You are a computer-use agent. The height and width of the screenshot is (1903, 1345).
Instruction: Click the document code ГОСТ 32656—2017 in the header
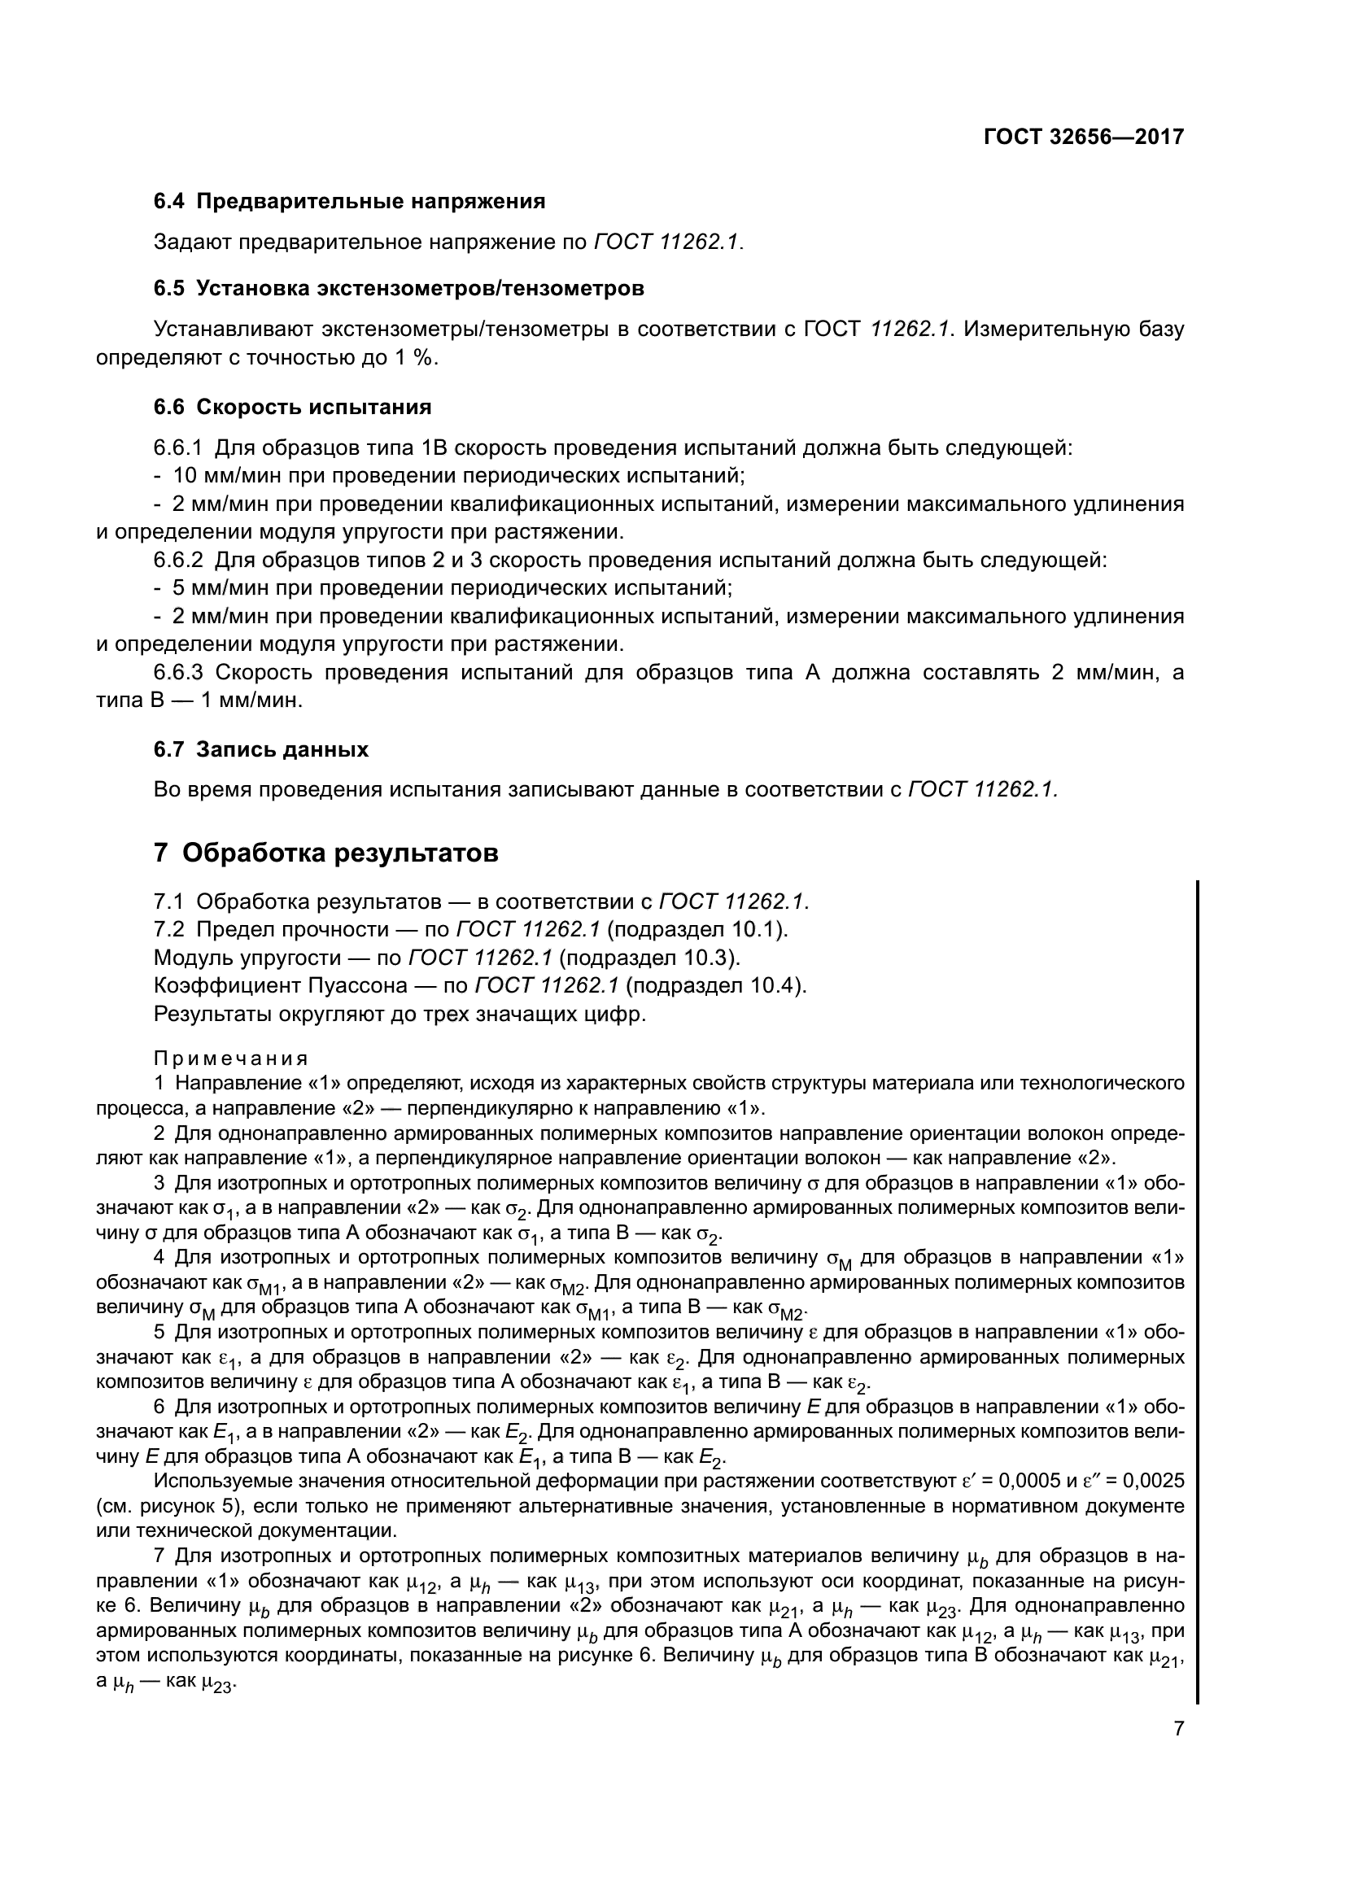click(1083, 136)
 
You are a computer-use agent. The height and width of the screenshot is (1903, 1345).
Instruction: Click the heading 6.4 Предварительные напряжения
click(349, 202)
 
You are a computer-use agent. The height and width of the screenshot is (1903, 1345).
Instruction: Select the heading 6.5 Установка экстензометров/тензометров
click(399, 289)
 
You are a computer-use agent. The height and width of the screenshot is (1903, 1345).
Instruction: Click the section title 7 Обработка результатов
click(325, 852)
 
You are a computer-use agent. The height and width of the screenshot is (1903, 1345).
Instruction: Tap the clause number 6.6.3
click(178, 672)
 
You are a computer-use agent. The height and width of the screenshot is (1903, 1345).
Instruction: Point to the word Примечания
click(230, 1058)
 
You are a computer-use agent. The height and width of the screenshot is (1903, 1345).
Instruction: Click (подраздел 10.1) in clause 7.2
click(697, 929)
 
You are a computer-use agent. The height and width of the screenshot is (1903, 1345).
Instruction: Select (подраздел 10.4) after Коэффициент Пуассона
click(715, 985)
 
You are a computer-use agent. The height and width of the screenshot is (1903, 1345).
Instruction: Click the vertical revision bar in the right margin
click(1198, 1277)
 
